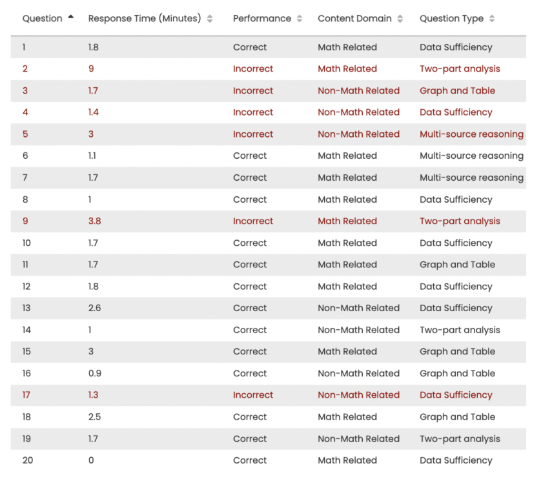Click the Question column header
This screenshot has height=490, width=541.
tap(43, 19)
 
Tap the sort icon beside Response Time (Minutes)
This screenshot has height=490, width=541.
tap(210, 19)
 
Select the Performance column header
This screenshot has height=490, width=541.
tap(261, 19)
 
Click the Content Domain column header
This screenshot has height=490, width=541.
tap(355, 19)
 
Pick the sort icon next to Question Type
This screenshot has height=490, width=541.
tap(492, 19)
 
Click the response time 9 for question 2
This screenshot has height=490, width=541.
tap(91, 69)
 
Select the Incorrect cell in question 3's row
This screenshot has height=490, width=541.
tap(253, 91)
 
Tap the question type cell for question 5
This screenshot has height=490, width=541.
tap(471, 134)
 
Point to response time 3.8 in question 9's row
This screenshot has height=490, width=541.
tap(94, 221)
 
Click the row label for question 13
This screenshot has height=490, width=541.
tap(26, 308)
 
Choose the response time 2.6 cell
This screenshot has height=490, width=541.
tap(94, 308)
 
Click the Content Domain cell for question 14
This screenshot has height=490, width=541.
tap(358, 330)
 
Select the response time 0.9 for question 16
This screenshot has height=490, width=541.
tap(94, 373)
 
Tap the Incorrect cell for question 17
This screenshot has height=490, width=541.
tap(253, 395)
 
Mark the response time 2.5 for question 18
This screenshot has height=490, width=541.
tap(94, 417)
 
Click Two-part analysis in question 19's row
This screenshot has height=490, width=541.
tap(460, 439)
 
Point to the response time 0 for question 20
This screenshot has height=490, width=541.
tap(91, 460)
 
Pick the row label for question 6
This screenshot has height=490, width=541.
tap(25, 156)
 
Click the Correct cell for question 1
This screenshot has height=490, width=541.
tap(250, 47)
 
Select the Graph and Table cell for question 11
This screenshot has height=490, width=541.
tap(457, 265)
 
